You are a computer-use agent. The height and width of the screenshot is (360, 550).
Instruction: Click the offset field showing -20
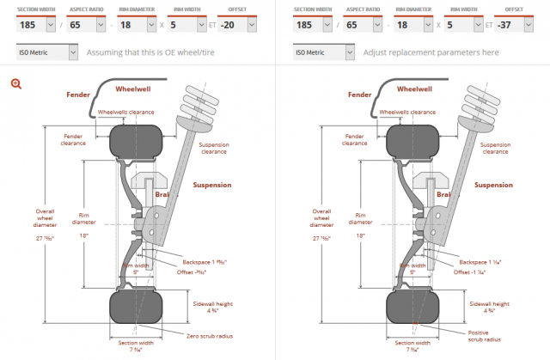[x=230, y=24]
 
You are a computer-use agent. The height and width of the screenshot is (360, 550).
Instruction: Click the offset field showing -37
[x=507, y=24]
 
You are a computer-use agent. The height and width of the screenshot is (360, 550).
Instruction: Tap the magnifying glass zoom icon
[x=15, y=83]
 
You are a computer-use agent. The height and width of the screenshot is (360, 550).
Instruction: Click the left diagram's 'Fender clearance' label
[x=73, y=139]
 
